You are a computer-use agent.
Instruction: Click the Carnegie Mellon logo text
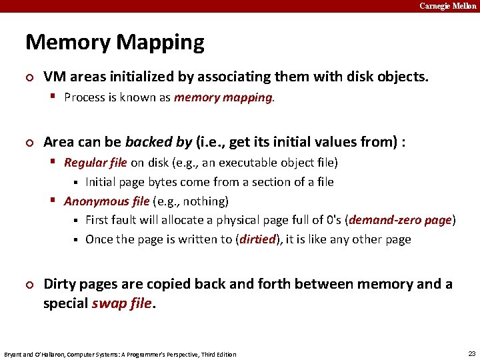tap(448, 6)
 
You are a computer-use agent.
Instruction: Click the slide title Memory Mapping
tap(115, 43)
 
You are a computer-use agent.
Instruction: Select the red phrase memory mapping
tap(223, 97)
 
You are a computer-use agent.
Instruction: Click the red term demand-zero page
tap(401, 220)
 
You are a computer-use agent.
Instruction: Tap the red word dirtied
tap(257, 239)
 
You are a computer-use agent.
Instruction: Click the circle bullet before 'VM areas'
tap(29, 77)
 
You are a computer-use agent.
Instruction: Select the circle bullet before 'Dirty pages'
tap(29, 285)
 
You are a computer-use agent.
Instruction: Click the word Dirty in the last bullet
tap(61, 285)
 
